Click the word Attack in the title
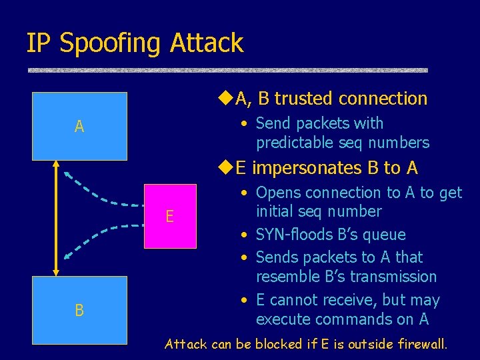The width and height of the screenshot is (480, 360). (x=207, y=43)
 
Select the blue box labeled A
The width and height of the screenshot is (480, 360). (x=80, y=126)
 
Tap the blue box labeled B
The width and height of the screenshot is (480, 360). (x=80, y=310)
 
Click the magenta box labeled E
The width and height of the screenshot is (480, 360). (x=170, y=216)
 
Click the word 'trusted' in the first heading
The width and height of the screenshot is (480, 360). (x=304, y=99)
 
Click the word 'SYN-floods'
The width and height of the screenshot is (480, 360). (x=293, y=235)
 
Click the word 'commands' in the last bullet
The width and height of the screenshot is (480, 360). (x=350, y=319)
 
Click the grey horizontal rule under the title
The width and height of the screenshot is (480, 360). (x=227, y=69)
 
